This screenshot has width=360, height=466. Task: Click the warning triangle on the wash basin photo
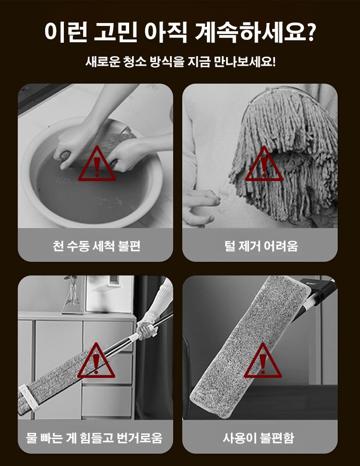pos(97,164)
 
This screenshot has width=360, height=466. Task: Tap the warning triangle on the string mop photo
pos(264,164)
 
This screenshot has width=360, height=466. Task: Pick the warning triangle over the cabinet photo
pos(96,360)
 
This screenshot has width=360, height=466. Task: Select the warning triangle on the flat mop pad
pos(263,360)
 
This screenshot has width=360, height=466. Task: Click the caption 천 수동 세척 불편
pos(96,246)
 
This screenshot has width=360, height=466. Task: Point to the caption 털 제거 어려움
pos(261,246)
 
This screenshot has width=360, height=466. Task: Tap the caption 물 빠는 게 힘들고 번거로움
pos(94,438)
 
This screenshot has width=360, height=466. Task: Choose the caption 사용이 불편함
pos(258,438)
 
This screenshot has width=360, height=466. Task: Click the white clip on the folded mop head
pos(28,397)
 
